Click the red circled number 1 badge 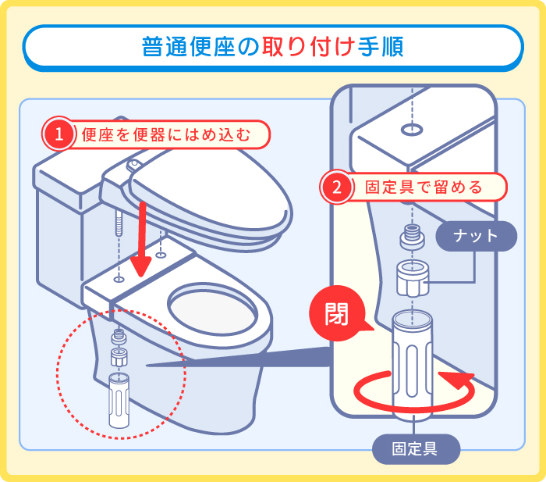click(x=58, y=134)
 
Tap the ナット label click(x=475, y=236)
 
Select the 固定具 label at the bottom click(x=415, y=448)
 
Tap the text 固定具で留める click(x=424, y=187)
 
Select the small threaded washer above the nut click(x=412, y=237)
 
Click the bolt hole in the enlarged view click(x=412, y=127)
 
